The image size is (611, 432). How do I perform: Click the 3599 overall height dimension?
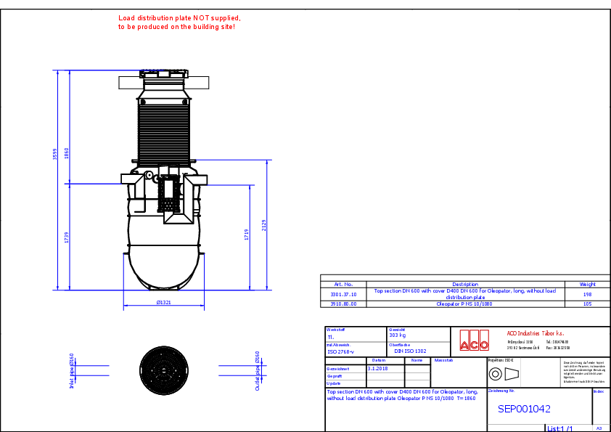[55, 160]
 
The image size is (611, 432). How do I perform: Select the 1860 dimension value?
[67, 153]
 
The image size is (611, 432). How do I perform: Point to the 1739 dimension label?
[67, 237]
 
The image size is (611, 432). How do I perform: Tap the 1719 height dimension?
[247, 234]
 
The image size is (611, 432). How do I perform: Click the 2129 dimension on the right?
[265, 226]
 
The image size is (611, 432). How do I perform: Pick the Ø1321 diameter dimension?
[163, 302]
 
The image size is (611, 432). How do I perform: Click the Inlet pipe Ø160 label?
[72, 371]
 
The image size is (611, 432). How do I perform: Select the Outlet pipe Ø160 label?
[258, 371]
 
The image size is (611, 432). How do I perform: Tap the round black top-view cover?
[164, 370]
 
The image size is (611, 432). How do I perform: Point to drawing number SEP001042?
[523, 409]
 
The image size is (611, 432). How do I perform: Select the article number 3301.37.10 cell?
[343, 294]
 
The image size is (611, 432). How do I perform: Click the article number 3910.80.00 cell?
[343, 304]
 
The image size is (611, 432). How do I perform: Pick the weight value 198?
[587, 294]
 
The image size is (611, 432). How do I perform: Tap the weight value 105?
[587, 304]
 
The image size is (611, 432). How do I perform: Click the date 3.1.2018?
[377, 368]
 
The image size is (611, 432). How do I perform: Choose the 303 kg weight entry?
[397, 335]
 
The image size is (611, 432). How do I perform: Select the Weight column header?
[587, 284]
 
